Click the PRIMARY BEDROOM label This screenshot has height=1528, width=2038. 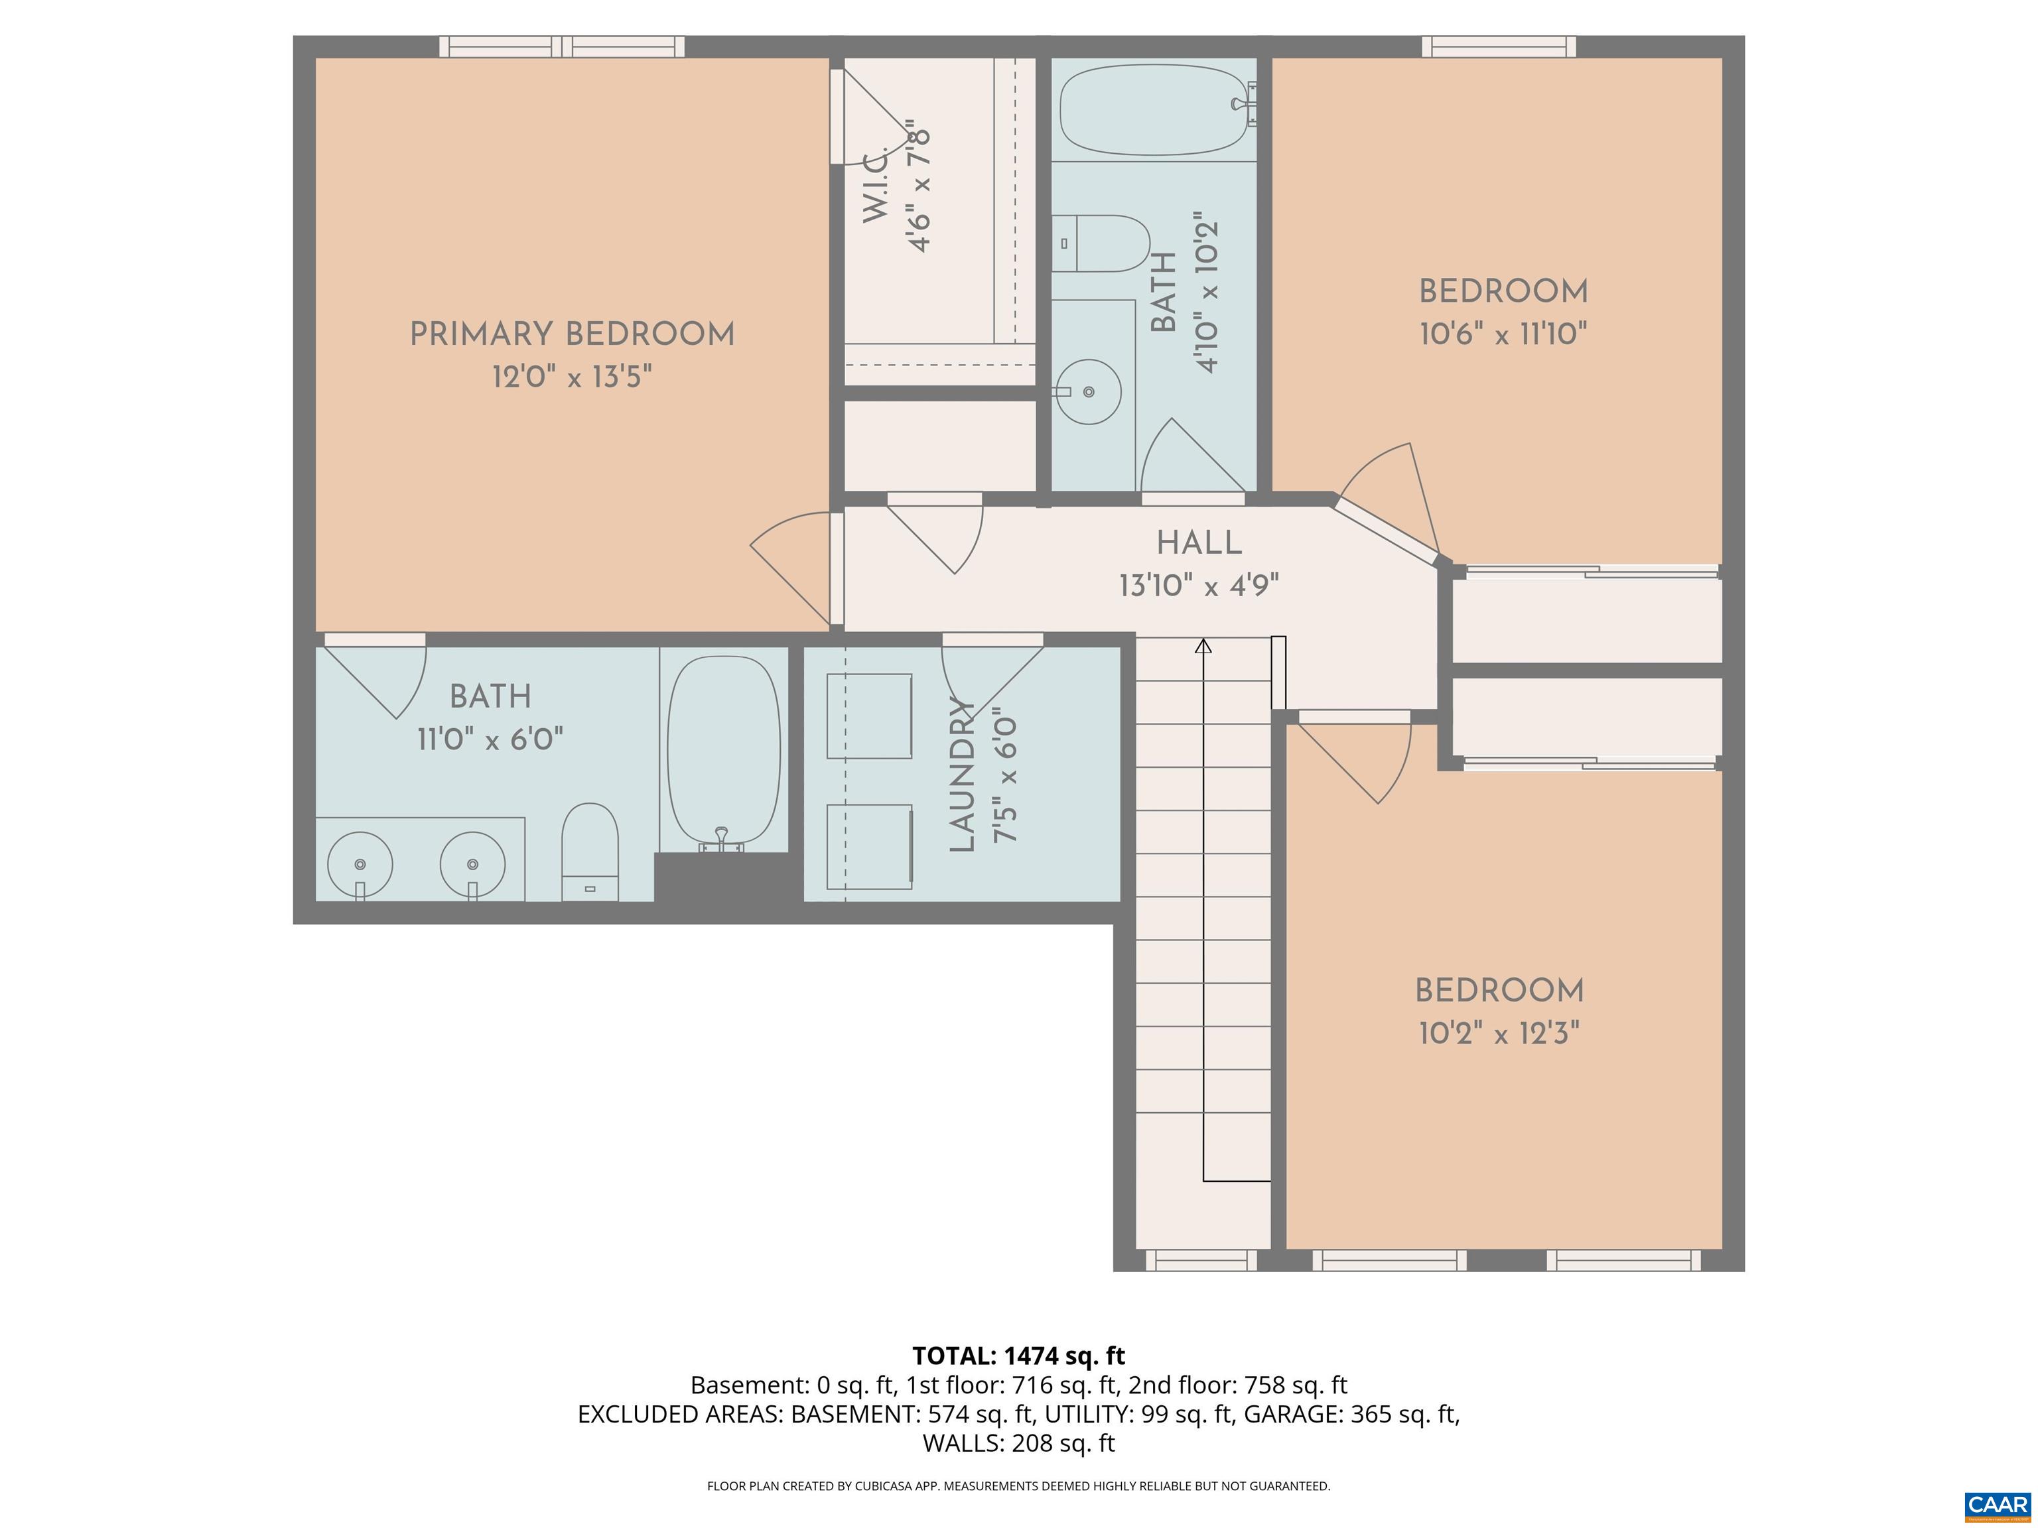[571, 334]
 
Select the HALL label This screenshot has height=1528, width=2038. [1199, 543]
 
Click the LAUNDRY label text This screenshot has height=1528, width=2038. [962, 775]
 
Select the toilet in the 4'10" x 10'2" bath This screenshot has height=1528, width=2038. [1102, 243]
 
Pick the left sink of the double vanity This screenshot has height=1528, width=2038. [360, 864]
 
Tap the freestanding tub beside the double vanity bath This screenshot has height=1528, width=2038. [723, 749]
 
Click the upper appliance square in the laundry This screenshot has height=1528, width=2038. [869, 716]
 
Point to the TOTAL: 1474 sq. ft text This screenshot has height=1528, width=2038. [1018, 1356]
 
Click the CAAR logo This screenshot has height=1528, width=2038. [1997, 1505]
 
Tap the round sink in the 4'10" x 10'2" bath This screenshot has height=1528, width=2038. [1088, 391]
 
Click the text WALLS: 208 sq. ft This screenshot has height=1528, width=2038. [1018, 1443]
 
